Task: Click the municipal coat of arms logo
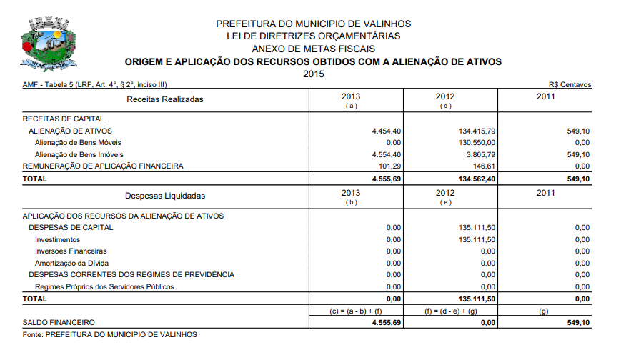48,44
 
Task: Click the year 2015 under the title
314,74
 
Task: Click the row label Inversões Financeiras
71,251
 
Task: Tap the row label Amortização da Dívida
71,263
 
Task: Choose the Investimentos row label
58,239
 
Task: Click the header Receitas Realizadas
165,99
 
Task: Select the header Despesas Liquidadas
165,195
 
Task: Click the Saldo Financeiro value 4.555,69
387,323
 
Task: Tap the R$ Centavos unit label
570,85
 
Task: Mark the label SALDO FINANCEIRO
59,323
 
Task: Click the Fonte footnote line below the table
109,334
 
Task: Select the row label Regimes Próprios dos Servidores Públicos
104,286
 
